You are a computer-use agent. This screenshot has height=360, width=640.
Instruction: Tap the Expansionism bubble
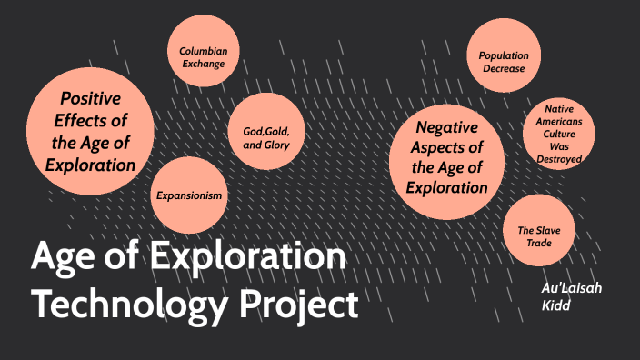click(x=188, y=195)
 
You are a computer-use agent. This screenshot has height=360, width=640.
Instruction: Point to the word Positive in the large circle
click(x=90, y=98)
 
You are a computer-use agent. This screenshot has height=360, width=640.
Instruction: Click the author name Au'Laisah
click(x=571, y=288)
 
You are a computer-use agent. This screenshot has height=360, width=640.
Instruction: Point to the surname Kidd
click(x=555, y=305)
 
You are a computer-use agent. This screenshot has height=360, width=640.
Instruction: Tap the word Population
click(x=504, y=55)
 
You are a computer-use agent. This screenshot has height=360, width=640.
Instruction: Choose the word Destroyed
click(x=558, y=159)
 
